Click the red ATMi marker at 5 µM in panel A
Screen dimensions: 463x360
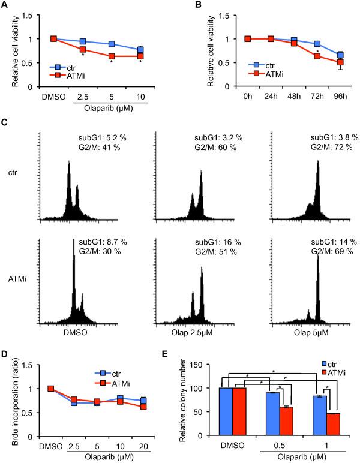111,56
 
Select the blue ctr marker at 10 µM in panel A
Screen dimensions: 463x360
140,50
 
